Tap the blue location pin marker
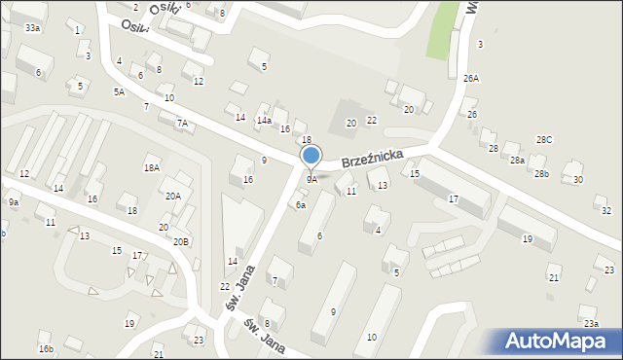(311, 156)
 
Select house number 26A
(471, 78)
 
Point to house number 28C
(544, 140)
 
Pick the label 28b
(541, 173)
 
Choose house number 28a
(517, 160)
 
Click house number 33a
(33, 28)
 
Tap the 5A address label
(119, 91)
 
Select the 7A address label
(181, 124)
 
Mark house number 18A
(151, 168)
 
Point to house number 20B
(181, 240)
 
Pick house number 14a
(264, 120)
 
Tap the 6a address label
(301, 205)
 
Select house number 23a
(589, 323)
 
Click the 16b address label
(45, 348)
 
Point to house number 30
(577, 180)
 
